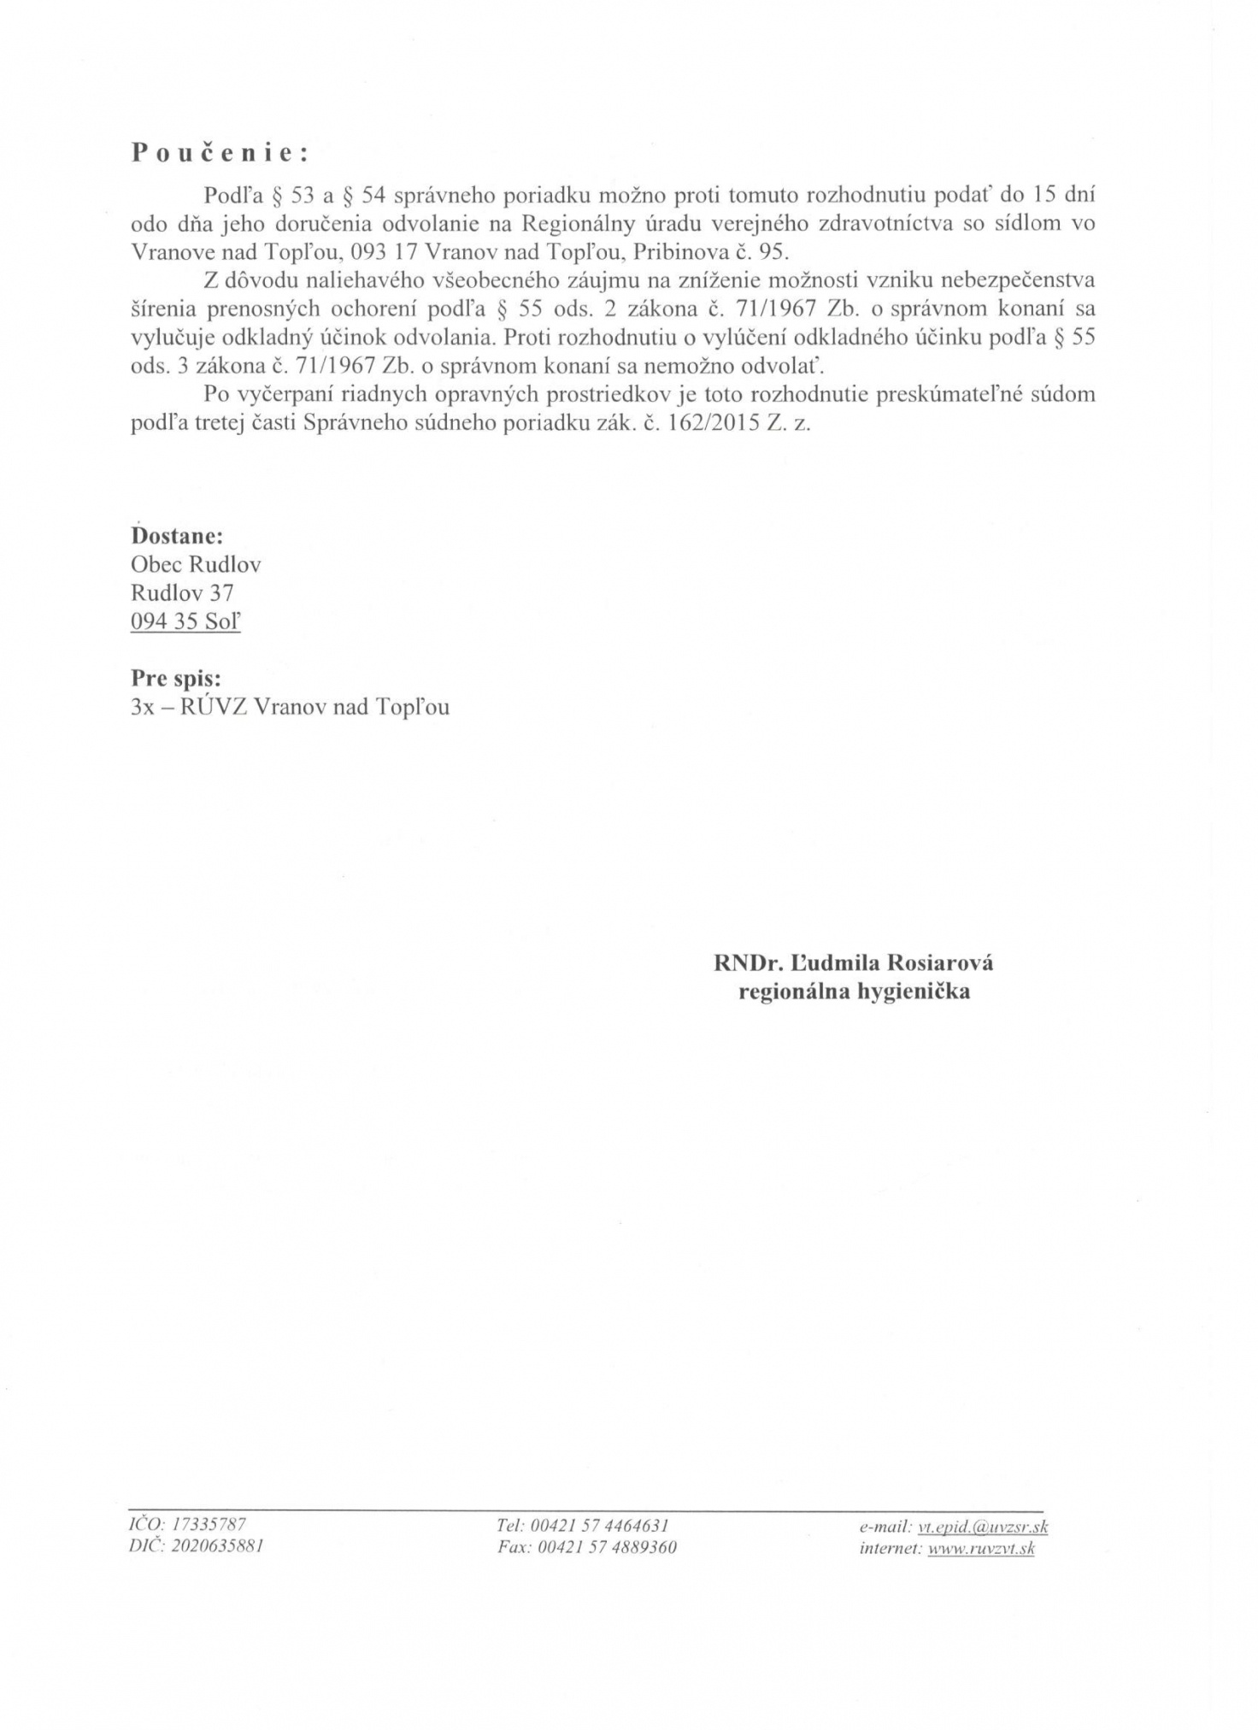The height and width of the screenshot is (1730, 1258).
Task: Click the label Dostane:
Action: pyautogui.click(x=177, y=536)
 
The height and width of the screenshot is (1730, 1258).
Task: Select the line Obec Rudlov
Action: pyautogui.click(x=196, y=564)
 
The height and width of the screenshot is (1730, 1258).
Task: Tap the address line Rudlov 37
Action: pyautogui.click(x=182, y=592)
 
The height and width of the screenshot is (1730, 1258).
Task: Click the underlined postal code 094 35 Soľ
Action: pyautogui.click(x=185, y=621)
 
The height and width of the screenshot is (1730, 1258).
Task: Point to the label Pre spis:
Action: pyautogui.click(x=176, y=678)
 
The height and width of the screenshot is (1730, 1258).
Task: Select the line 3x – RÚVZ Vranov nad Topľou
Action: pyautogui.click(x=290, y=707)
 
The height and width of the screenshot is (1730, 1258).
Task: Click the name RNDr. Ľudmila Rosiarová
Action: pyautogui.click(x=854, y=963)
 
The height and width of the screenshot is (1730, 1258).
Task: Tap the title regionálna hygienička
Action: pyautogui.click(x=854, y=992)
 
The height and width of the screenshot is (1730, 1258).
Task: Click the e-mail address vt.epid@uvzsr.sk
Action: pyautogui.click(x=983, y=1527)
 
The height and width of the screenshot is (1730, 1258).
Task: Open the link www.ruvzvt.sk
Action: pyautogui.click(x=981, y=1548)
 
